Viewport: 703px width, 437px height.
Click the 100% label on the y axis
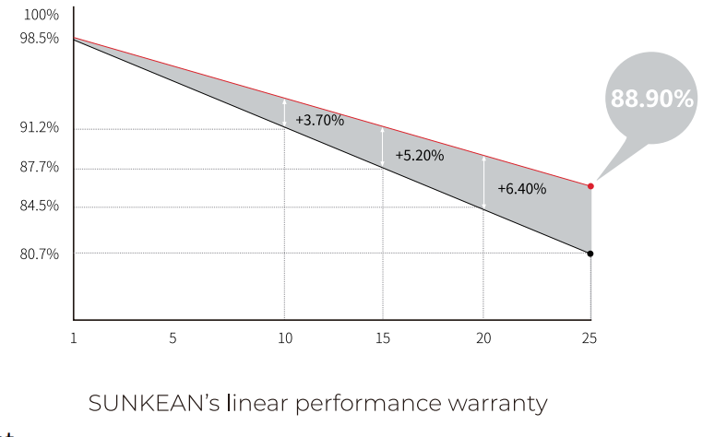39,17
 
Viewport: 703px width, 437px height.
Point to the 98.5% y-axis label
39,39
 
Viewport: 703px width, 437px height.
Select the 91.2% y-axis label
39,127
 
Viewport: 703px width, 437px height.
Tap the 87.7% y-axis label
39,168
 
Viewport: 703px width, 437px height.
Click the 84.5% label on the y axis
39,207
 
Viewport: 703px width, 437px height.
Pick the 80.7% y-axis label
39,254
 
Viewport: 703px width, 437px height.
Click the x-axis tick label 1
73,337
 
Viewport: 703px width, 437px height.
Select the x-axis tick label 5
173,337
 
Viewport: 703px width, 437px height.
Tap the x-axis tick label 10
285,337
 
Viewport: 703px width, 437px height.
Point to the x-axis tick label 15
383,337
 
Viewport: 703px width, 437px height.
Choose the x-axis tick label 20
482,337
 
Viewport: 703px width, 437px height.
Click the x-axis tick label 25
590,337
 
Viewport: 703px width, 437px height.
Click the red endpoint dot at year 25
590,186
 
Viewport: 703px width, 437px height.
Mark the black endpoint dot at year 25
590,254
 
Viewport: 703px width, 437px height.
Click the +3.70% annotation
320,120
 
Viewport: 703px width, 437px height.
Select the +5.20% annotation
420,156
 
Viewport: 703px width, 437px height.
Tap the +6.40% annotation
521,189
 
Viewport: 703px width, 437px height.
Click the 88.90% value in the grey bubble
651,99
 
